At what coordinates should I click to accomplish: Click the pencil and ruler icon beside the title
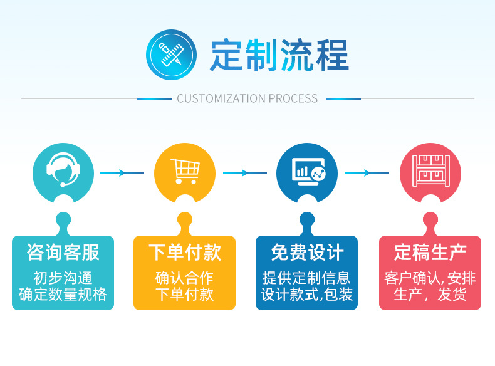click(x=171, y=55)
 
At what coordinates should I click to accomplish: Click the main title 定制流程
click(x=279, y=55)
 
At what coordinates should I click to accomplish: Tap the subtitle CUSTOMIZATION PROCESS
click(x=247, y=98)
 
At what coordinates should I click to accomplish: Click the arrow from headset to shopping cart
click(x=123, y=173)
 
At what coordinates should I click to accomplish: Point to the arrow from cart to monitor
click(x=246, y=173)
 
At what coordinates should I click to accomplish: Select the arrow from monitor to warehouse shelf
click(x=368, y=173)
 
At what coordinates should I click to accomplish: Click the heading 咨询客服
click(x=63, y=253)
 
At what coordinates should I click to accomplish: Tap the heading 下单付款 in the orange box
click(x=185, y=253)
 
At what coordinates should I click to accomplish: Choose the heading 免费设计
click(x=307, y=253)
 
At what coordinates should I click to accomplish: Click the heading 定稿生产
click(x=430, y=253)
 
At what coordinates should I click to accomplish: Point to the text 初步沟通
click(x=63, y=278)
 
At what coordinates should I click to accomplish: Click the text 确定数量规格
click(x=63, y=294)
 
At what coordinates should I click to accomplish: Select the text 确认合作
click(x=185, y=278)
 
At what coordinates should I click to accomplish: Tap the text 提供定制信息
click(x=307, y=278)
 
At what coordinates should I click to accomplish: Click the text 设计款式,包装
click(x=307, y=294)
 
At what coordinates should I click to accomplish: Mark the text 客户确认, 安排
click(x=430, y=278)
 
